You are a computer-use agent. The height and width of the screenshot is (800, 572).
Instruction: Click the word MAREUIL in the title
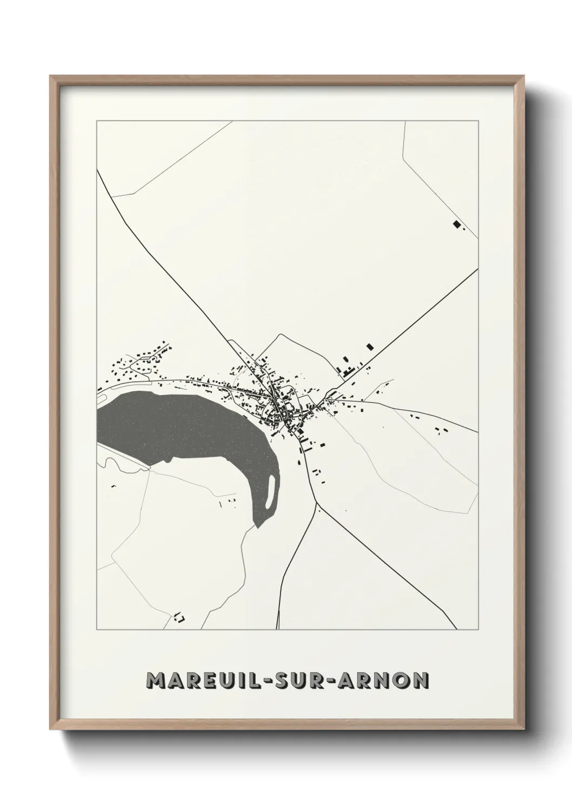click(203, 680)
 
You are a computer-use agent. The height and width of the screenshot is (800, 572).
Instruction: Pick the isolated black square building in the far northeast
click(456, 224)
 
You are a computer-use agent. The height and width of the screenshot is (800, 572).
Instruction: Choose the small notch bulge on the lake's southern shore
click(172, 461)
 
